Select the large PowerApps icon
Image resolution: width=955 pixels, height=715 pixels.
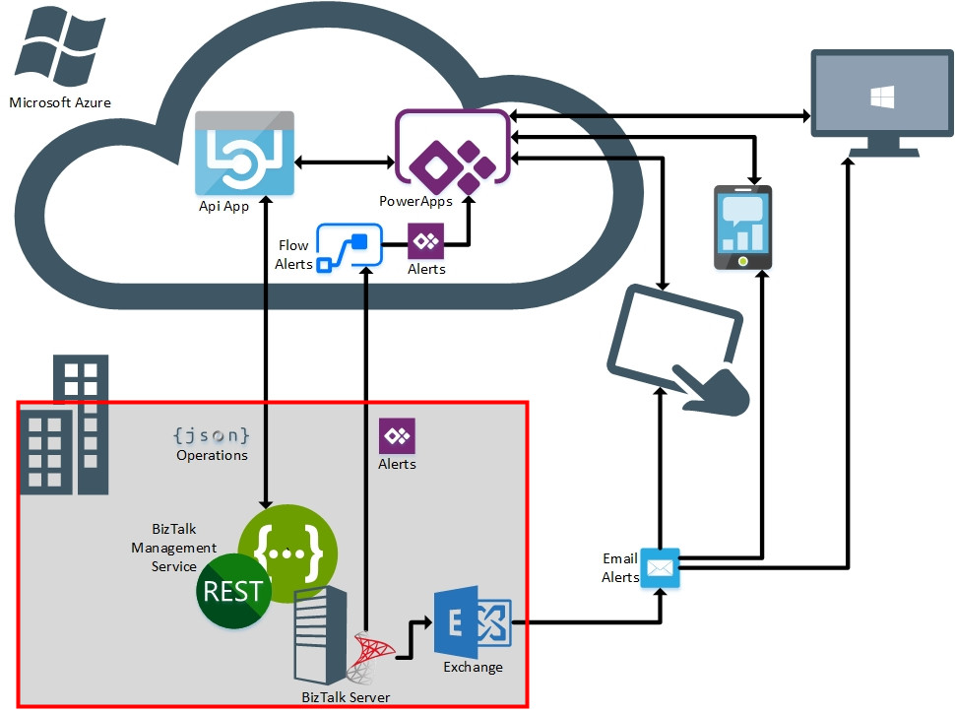pos(454,152)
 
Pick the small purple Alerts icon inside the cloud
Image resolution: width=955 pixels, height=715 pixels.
pos(426,240)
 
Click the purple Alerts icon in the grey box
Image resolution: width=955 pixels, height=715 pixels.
pos(397,435)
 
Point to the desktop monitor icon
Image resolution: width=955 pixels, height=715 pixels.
pos(881,103)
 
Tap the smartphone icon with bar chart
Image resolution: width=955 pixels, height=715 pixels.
pos(742,227)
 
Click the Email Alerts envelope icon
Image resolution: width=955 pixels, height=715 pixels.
pos(660,569)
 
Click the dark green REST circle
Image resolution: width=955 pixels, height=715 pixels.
pos(233,591)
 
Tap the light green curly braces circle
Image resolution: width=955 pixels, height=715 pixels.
pos(287,552)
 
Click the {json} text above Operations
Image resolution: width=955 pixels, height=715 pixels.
pos(211,434)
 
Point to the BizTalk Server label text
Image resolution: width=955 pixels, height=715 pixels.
pos(346,697)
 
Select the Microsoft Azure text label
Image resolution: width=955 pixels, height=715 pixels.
pos(60,102)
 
